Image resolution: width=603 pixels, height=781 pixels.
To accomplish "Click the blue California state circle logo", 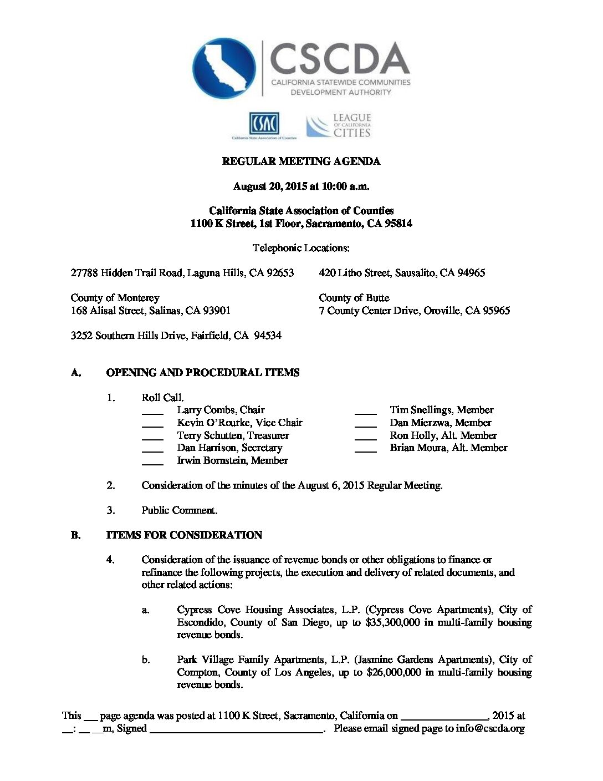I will (224, 69).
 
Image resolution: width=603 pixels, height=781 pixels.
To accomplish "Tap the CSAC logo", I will (264, 125).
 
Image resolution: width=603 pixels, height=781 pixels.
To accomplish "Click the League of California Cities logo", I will (339, 126).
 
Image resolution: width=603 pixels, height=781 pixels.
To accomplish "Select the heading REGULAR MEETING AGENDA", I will (301, 161).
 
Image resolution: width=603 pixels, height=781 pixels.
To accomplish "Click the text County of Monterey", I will (115, 298).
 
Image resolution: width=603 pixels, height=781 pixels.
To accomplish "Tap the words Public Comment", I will (179, 510).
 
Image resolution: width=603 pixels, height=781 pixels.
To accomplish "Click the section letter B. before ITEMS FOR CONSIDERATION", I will (75, 535).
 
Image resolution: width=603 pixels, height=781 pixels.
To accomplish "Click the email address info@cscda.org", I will (490, 728).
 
